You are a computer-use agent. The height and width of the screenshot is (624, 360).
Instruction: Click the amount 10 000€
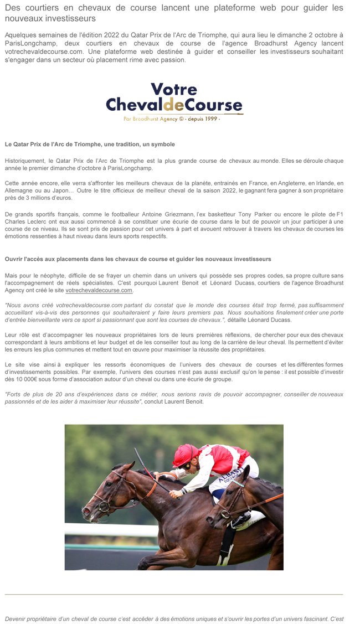click(23, 379)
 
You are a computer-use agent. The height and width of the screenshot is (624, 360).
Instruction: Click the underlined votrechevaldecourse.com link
click(99, 290)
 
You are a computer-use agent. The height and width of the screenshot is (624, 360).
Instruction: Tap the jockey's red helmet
click(186, 455)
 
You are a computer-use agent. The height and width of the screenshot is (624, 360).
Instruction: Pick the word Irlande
click(323, 183)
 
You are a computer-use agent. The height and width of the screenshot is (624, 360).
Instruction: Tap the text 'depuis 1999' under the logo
click(203, 118)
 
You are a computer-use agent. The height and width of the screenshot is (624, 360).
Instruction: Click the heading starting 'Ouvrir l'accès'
click(138, 259)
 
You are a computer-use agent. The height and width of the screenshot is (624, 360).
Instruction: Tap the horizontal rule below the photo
click(174, 594)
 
